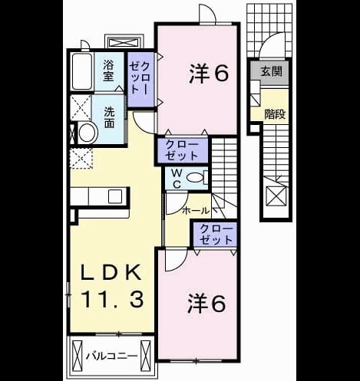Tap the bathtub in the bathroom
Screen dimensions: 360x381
pos(82,71)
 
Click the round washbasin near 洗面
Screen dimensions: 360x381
pos(88,133)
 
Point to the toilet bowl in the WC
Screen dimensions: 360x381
pos(195,177)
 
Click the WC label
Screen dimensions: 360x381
pos(177,179)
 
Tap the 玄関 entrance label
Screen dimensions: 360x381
pos(272,71)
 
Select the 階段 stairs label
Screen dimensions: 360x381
pos(275,114)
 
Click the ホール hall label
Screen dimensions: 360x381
pos(196,211)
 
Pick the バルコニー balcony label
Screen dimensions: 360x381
pos(111,356)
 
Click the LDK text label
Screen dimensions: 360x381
pos(111,272)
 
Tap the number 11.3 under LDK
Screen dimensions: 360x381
pos(112,300)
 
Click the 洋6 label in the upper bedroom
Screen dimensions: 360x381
pos(209,74)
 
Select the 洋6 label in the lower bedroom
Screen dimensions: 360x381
pos(206,304)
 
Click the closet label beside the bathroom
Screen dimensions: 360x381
pos(140,78)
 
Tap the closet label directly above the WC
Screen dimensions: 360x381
pos(182,150)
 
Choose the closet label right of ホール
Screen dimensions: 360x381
pos(216,235)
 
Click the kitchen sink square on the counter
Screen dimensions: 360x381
pos(115,196)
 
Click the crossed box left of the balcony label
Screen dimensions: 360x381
pos(78,356)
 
